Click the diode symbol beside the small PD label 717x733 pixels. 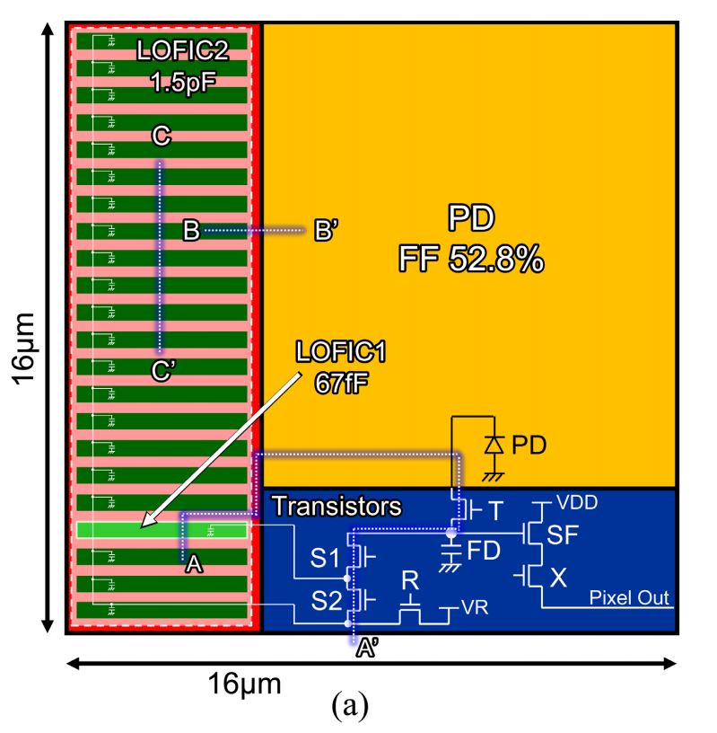pos(492,444)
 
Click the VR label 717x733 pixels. pos(475,607)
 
